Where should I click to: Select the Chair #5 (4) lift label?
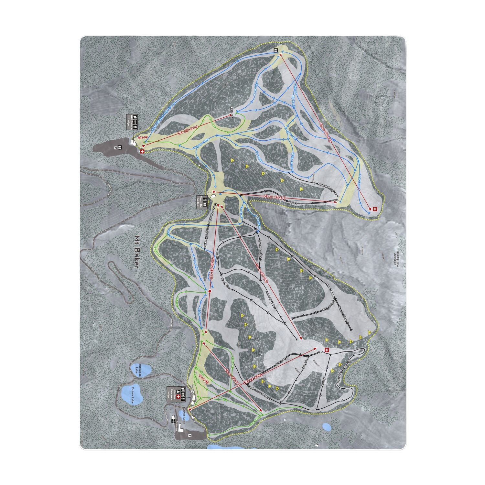[275, 197]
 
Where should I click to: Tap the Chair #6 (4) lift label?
[262, 273]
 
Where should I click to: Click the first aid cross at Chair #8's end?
[375, 209]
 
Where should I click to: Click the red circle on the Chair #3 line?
[210, 291]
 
